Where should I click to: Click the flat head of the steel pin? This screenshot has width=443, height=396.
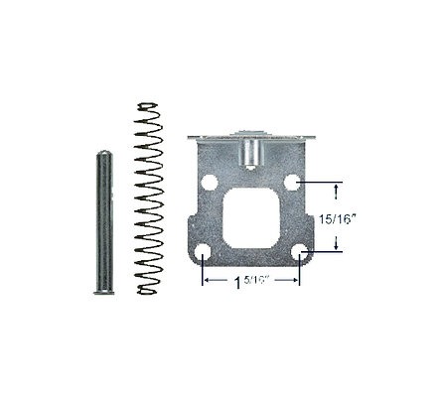click(104, 292)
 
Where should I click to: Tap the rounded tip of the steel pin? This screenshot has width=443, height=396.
click(104, 154)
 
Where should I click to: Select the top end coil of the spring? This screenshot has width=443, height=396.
click(148, 106)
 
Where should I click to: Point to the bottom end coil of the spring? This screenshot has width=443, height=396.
click(147, 291)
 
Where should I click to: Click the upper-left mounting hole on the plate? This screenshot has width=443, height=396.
click(210, 182)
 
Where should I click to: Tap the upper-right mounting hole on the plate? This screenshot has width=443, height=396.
click(292, 182)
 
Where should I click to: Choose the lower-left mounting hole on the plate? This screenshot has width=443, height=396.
click(203, 253)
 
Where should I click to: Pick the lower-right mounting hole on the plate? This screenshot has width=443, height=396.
click(299, 252)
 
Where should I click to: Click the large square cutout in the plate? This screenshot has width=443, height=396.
click(251, 218)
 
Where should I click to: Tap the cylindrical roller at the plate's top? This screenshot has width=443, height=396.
click(249, 154)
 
